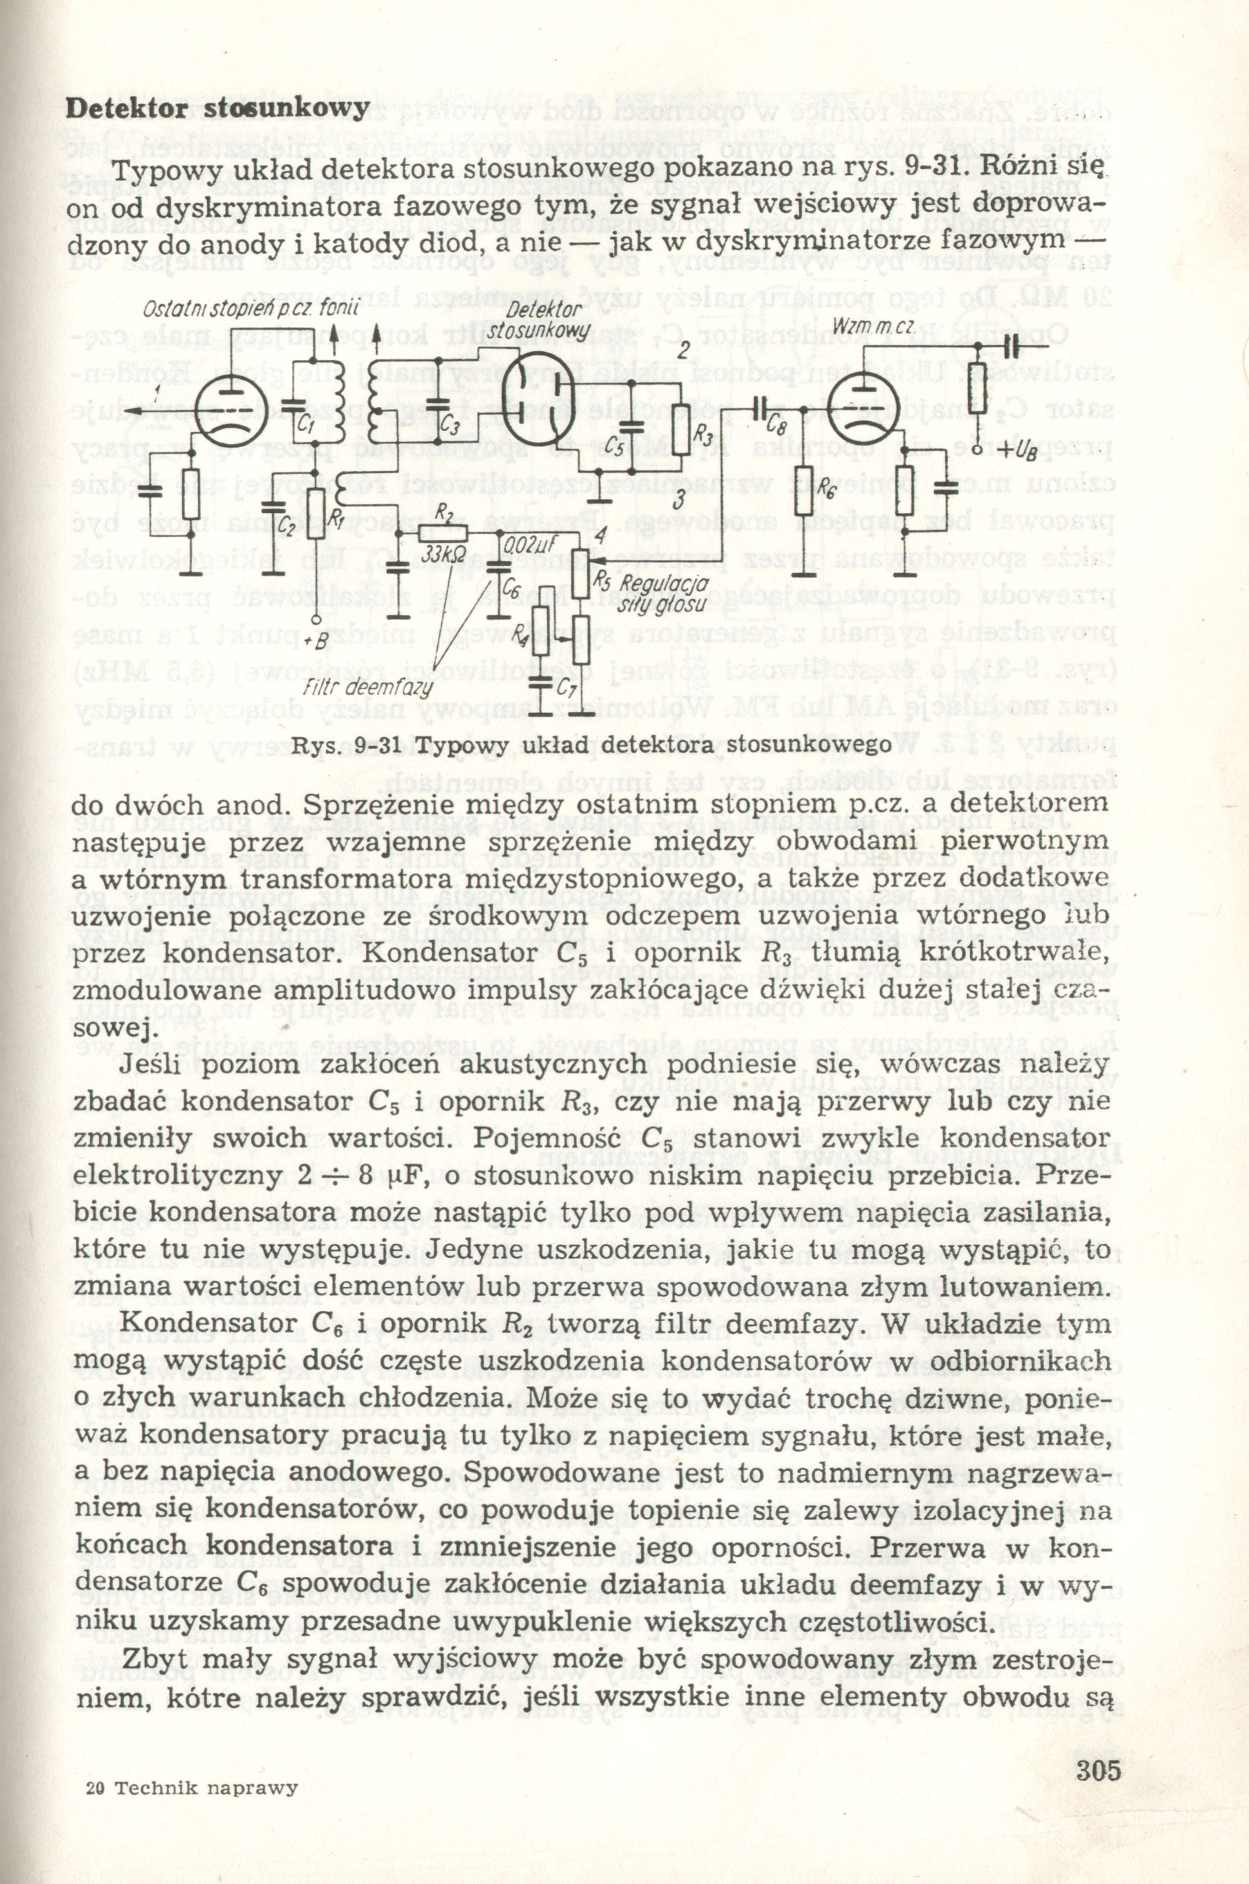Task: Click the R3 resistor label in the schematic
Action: coord(704,435)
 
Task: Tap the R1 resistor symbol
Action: coord(316,518)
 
